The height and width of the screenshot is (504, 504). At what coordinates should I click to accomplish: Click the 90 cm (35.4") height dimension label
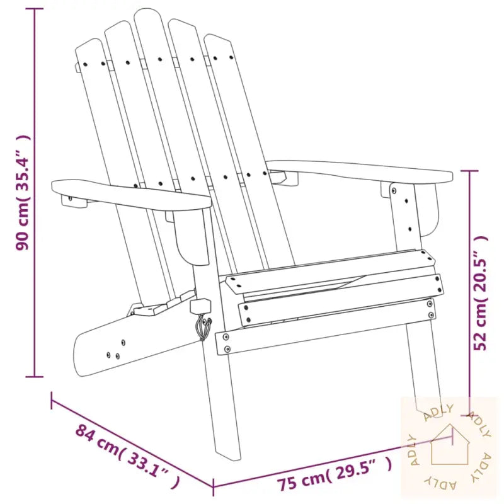(x=23, y=192)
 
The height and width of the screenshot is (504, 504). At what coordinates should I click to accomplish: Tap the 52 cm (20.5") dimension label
(x=481, y=293)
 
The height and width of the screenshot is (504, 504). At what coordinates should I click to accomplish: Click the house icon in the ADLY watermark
(x=449, y=445)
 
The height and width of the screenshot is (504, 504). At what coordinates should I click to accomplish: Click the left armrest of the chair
(x=131, y=195)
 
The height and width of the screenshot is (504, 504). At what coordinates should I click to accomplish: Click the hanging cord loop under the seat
(x=203, y=327)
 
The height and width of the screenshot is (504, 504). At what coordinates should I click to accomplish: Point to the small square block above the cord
(x=200, y=306)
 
